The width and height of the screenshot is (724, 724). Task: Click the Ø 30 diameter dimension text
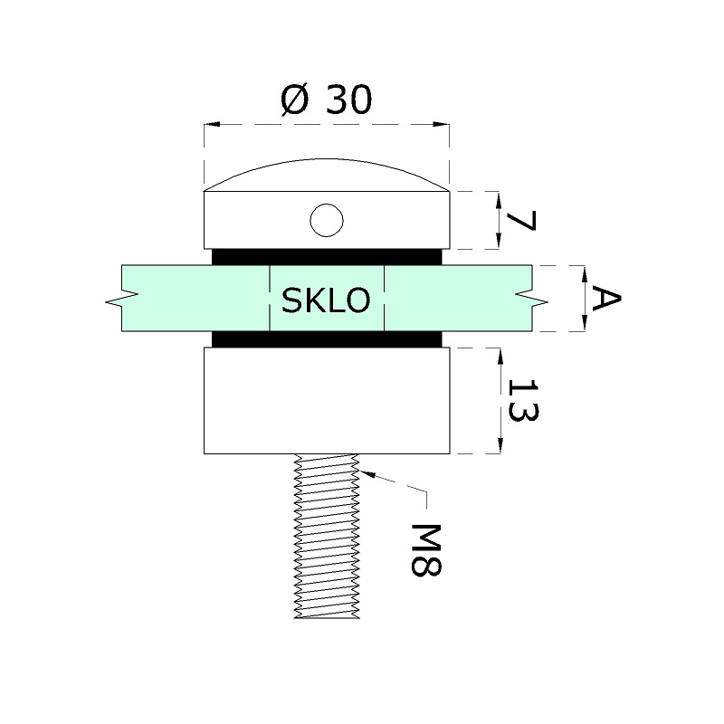click(326, 100)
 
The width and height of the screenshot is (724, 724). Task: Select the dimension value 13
click(523, 400)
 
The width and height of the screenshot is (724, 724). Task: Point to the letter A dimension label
click(605, 299)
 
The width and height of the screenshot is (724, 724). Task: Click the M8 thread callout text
click(426, 550)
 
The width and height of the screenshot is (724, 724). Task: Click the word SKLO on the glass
click(326, 300)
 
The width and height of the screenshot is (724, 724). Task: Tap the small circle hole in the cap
click(327, 220)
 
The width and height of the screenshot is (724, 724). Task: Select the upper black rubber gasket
click(327, 257)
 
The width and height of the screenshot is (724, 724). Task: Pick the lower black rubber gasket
click(327, 339)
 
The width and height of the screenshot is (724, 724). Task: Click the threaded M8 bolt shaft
click(327, 536)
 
